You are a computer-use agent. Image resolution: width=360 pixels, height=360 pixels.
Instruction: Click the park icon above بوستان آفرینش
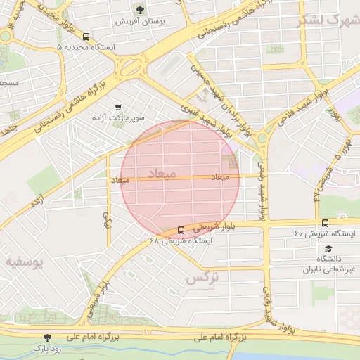click(140, 9)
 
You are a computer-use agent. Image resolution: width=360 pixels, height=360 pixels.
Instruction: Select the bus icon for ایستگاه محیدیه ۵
click(86, 37)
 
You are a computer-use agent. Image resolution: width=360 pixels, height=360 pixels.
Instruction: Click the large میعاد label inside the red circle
click(162, 172)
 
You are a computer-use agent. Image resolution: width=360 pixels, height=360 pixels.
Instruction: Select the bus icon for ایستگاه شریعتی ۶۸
click(181, 230)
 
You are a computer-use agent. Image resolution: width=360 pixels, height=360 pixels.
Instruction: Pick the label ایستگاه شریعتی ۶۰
click(324, 233)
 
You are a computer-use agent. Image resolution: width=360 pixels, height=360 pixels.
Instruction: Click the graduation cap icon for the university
click(328, 249)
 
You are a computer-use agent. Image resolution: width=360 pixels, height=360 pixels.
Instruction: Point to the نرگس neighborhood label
click(202, 278)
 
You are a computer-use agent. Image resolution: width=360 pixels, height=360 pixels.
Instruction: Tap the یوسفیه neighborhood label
click(25, 262)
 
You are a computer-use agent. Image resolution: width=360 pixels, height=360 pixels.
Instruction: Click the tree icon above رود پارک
click(47, 337)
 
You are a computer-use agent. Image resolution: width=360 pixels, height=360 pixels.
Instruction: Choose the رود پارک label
click(47, 349)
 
